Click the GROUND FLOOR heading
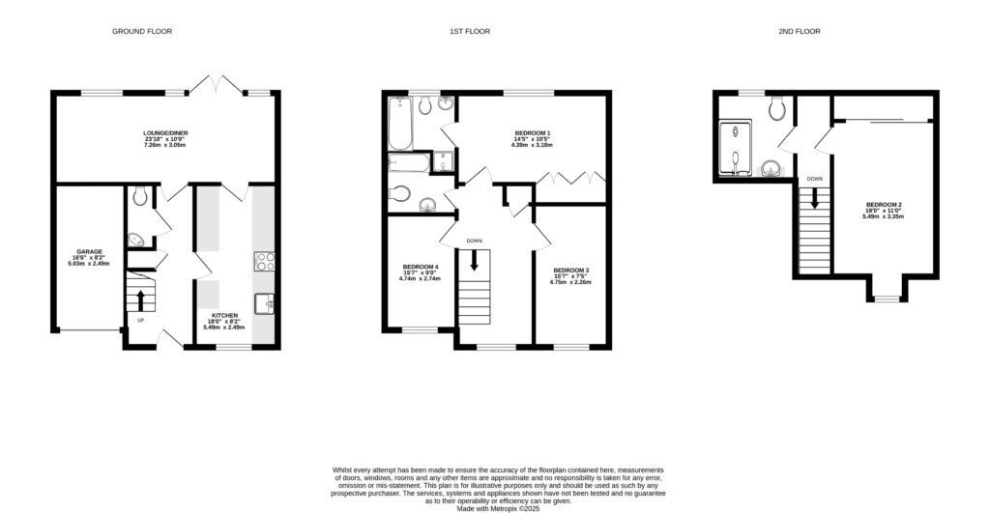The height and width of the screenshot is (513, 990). (x=142, y=32)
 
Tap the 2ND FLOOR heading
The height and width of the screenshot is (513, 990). (x=799, y=32)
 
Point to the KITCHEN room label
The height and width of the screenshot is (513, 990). (x=224, y=315)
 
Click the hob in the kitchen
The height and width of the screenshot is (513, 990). (x=264, y=260)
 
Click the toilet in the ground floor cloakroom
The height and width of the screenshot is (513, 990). (x=141, y=196)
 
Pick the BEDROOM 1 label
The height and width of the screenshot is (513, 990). (x=532, y=132)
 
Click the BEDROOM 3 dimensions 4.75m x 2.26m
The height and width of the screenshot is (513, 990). (x=570, y=283)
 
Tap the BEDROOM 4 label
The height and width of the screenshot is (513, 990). (x=421, y=267)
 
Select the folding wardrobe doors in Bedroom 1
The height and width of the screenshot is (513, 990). (x=570, y=178)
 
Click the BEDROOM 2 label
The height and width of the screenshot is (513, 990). (x=884, y=204)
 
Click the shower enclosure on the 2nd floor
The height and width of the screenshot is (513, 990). (x=735, y=153)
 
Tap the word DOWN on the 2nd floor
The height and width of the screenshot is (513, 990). (x=814, y=179)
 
